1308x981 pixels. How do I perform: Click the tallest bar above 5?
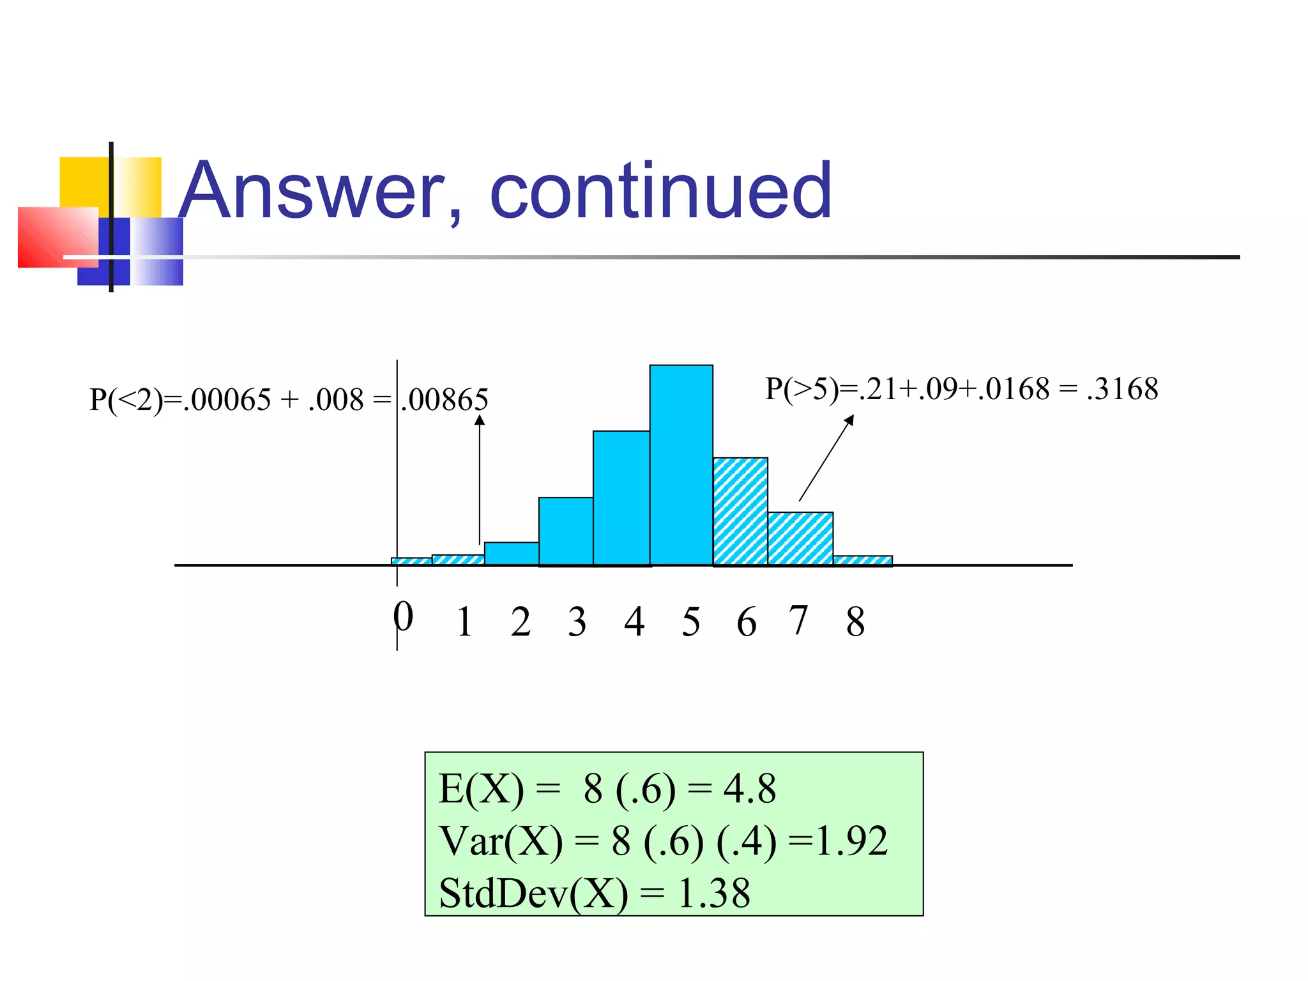pos(681,465)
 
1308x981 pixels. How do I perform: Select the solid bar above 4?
pos(621,498)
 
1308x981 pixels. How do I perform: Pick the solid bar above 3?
pos(566,531)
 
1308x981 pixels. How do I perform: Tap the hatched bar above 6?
pos(740,511)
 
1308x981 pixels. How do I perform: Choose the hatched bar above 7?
pos(800,538)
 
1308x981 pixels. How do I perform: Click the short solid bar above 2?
pos(512,553)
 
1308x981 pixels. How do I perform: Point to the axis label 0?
pos(403,617)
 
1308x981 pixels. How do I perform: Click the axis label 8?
pos(855,621)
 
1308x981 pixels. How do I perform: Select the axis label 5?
pos(691,621)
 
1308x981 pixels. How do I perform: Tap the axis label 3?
pos(577,621)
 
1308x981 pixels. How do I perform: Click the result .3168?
pos(1122,389)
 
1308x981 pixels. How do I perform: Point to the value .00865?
pos(445,400)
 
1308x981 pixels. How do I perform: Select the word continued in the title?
pos(661,190)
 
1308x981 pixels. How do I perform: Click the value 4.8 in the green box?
pos(750,789)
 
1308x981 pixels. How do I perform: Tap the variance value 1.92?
pos(852,841)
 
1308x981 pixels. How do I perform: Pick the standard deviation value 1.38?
pos(714,893)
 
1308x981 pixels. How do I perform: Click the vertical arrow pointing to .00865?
pos(480,479)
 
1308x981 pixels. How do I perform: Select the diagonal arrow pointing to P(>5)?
pos(826,458)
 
